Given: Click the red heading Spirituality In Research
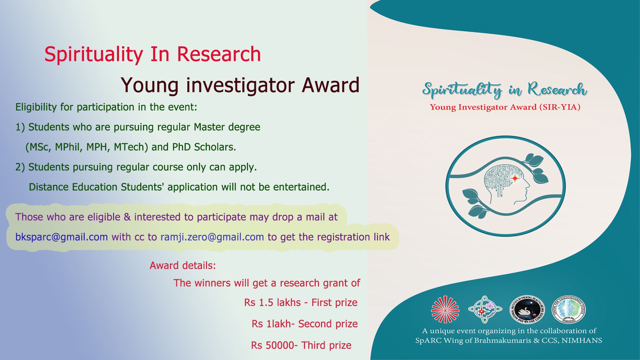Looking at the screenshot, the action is pos(153,54).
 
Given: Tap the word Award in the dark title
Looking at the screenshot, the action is pos(330,85).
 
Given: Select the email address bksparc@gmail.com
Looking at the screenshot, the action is pos(62,237).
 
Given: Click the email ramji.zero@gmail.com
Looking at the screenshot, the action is pos(212,237).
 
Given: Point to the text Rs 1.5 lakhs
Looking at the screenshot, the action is pos(272,302).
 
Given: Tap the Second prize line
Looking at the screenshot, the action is pos(305,324).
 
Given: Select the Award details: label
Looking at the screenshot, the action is pos(183,266).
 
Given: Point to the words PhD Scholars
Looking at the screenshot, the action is pos(204,147).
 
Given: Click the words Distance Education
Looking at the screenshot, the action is pos(73,187).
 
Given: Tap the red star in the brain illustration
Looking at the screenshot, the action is pos(515,178).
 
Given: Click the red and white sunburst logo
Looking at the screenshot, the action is pos(445,310).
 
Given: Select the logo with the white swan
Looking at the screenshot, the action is pos(527,310).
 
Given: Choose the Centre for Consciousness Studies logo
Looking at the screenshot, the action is pos(569,310).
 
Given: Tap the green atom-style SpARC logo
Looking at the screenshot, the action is pos(485,310).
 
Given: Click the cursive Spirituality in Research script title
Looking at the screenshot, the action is pos(505,90).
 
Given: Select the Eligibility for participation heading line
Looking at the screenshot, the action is pos(106,107).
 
